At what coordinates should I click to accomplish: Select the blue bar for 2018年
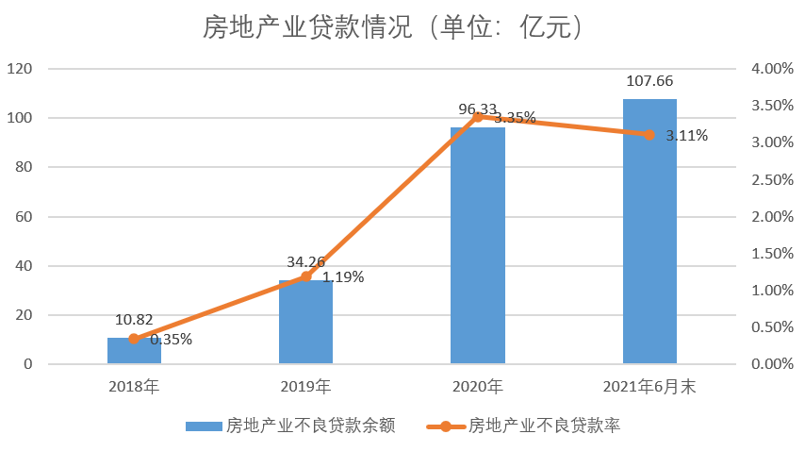134,351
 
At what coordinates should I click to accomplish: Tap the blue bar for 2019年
305,323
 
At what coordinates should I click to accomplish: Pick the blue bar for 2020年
477,245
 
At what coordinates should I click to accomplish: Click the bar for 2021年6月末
649,231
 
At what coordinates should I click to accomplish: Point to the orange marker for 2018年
134,339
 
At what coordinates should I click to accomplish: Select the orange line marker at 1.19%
305,276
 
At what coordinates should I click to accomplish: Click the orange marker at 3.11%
649,135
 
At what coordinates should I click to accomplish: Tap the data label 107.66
649,81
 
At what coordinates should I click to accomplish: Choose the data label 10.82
134,320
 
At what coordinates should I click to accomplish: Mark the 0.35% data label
171,340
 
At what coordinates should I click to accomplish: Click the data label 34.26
305,262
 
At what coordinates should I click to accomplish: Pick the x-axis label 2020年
477,386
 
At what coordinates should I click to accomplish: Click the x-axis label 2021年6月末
649,386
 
